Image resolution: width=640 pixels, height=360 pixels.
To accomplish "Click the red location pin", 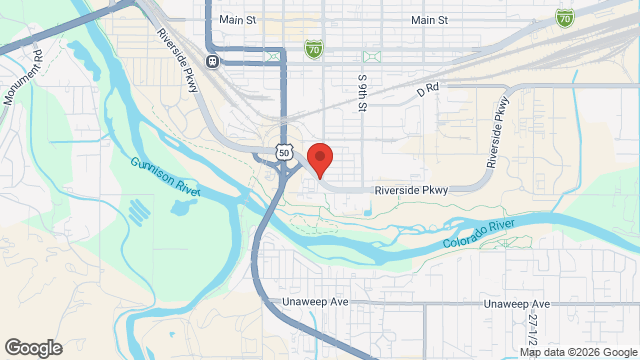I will click(319, 159).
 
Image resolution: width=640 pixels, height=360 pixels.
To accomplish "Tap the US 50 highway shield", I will click(285, 152).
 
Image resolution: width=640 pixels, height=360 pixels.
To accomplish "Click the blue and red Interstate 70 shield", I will click(565, 17).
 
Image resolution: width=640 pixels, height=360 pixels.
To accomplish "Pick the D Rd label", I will click(428, 89).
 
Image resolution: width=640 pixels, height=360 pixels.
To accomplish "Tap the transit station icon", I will click(212, 61).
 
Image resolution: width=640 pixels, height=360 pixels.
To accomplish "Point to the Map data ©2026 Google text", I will click(578, 351).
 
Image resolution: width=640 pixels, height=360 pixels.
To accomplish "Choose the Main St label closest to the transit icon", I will click(237, 20).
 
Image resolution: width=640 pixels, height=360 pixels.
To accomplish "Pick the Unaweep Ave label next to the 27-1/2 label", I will click(516, 303).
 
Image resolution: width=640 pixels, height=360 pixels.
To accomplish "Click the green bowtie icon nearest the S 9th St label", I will click(372, 56).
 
